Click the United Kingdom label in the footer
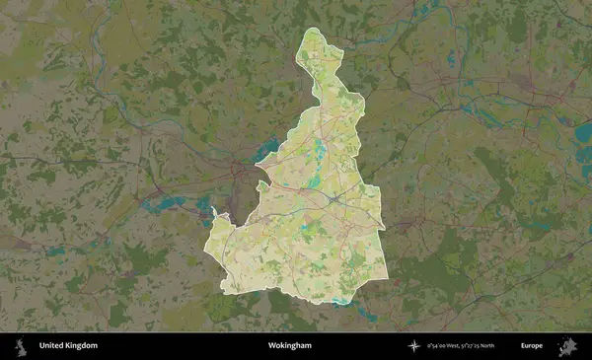pyautogui.click(x=68, y=346)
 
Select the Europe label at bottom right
pyautogui.click(x=532, y=346)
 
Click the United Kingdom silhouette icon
pyautogui.click(x=19, y=346)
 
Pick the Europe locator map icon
pyautogui.click(x=567, y=346)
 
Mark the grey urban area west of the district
pyautogui.click(x=237, y=182)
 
